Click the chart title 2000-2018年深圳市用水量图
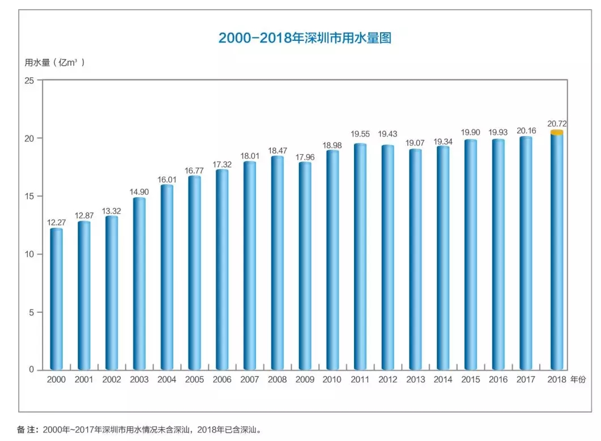[305, 38]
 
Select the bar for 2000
[57, 299]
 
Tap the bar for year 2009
[305, 266]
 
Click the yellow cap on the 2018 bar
[557, 133]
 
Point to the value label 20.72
[557, 123]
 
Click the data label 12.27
[57, 222]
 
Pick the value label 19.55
[360, 134]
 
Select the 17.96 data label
[305, 154]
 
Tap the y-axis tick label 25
[30, 80]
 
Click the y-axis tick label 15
[30, 196]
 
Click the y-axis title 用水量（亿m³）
[54, 62]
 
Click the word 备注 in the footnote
[26, 430]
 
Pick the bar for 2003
[139, 283]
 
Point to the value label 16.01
[167, 176]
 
